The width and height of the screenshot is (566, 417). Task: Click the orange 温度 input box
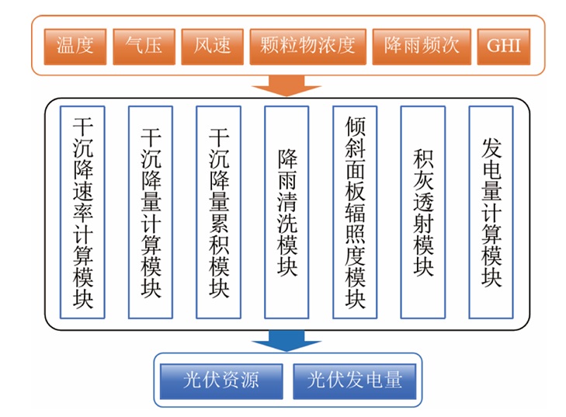point(75,47)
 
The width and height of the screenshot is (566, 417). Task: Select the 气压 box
point(144,47)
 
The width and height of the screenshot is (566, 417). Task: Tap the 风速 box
point(212,47)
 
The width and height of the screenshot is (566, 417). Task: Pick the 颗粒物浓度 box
point(308,47)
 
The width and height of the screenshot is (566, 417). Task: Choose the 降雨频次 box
point(422,47)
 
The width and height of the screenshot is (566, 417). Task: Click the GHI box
point(504,47)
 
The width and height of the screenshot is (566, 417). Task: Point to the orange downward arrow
point(286,86)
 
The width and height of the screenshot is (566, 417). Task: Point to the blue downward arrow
point(286,341)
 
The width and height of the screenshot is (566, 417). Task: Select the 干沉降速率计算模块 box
point(82,212)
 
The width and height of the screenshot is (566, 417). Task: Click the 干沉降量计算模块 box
point(151,212)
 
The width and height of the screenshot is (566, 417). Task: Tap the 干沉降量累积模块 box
point(218,212)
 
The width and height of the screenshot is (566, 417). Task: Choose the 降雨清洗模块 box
point(286,212)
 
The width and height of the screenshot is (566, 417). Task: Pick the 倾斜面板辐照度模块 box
point(355,212)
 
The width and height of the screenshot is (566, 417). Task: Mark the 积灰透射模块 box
point(422,212)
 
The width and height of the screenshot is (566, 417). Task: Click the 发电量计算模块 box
point(491,212)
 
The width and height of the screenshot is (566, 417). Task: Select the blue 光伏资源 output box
point(221,381)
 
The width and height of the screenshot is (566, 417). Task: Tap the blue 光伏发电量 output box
point(355,381)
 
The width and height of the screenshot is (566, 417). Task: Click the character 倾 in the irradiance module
point(355,126)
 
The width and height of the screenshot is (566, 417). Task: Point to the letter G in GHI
point(494,47)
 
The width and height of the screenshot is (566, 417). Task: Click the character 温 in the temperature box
point(66,46)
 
